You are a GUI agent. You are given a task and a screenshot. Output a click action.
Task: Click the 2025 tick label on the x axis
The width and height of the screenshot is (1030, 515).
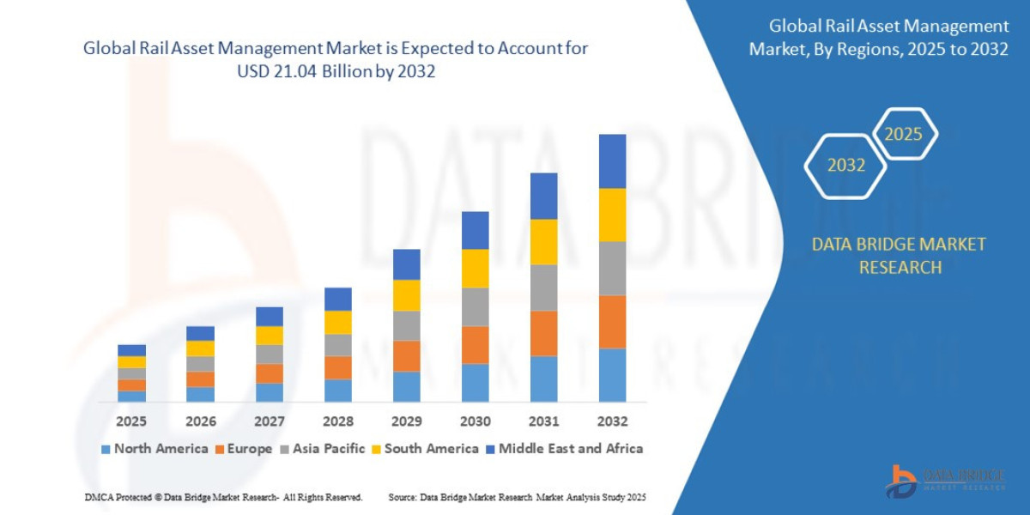click(131, 421)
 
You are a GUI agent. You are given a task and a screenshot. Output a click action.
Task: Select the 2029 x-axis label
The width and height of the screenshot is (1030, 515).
click(406, 421)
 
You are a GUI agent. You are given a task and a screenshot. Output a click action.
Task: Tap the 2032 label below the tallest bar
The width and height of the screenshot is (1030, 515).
click(612, 421)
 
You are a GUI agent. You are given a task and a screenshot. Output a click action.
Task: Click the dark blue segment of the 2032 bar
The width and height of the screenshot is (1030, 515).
click(612, 161)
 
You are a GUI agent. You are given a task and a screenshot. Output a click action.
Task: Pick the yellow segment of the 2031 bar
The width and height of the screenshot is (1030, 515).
click(543, 242)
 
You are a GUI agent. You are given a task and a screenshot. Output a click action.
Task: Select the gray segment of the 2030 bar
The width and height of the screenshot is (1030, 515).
click(475, 306)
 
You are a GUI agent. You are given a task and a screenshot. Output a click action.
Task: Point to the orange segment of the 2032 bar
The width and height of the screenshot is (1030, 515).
click(612, 322)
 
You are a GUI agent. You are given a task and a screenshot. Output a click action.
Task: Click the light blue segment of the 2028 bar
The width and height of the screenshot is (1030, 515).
click(337, 391)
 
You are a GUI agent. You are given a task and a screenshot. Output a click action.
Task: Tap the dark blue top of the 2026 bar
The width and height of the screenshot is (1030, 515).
click(200, 333)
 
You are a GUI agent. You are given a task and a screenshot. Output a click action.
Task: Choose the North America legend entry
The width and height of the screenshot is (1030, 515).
click(154, 448)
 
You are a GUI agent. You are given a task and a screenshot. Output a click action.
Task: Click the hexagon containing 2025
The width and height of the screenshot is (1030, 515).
click(903, 134)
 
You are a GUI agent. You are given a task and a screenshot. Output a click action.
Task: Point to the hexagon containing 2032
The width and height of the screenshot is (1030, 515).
click(846, 166)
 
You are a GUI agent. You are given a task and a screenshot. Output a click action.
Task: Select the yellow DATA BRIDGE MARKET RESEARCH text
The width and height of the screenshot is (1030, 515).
click(899, 256)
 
